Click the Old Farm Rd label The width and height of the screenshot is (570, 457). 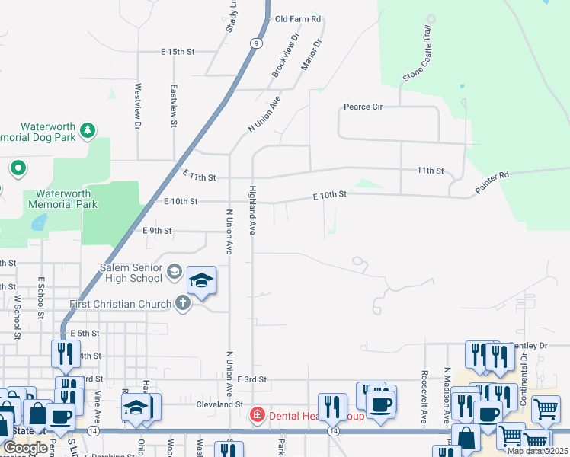coord(298,19)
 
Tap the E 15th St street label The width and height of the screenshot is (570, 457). coord(178,52)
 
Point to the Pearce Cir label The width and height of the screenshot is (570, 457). coord(363,107)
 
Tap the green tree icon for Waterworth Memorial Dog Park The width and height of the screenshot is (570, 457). coord(88,131)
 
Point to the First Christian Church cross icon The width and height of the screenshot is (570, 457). coord(182,304)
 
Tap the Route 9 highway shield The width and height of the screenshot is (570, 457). coord(257,43)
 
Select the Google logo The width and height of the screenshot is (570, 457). coord(25,448)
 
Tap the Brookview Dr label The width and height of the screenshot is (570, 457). coord(286,55)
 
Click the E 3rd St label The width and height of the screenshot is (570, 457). coord(251,379)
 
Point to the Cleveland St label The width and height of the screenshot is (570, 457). coord(219,404)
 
